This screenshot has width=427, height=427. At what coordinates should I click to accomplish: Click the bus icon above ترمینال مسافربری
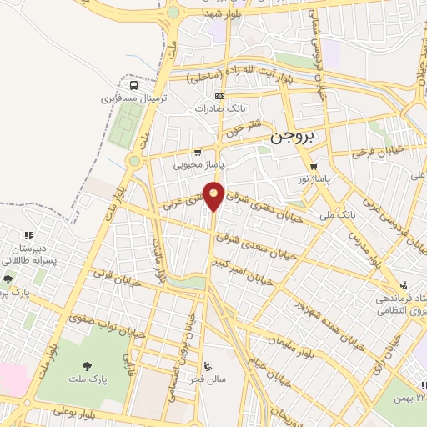point(134,85)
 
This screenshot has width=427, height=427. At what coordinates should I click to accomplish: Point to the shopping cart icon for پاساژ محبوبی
point(198,153)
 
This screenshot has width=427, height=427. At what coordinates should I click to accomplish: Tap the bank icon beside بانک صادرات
point(219,97)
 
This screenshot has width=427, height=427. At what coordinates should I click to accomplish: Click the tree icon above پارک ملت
point(87,366)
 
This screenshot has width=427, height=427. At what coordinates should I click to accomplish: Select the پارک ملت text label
point(88,380)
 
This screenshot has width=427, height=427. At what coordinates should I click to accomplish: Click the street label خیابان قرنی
point(113,276)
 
